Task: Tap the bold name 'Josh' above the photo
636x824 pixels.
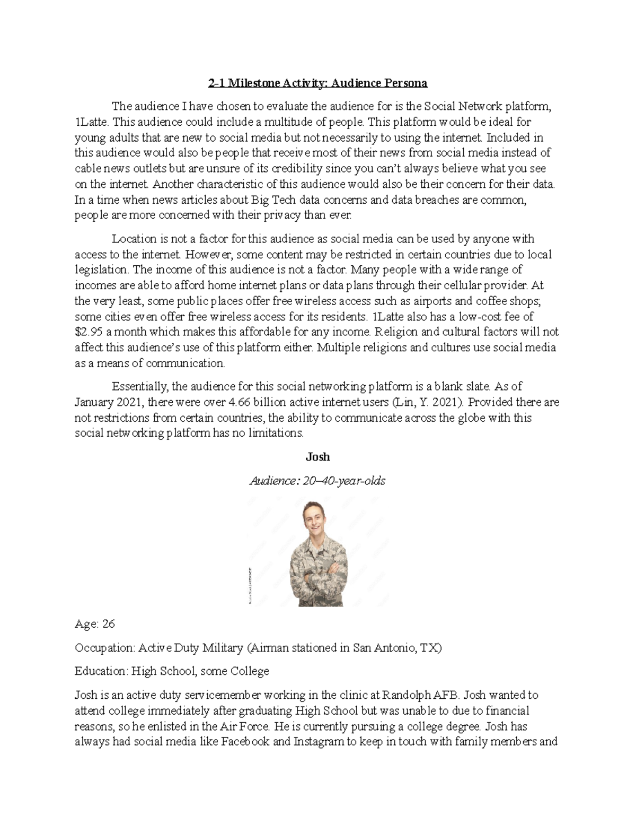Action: (x=317, y=457)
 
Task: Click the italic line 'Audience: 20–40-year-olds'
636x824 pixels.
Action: (x=317, y=481)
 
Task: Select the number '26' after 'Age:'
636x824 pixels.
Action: (x=108, y=624)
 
